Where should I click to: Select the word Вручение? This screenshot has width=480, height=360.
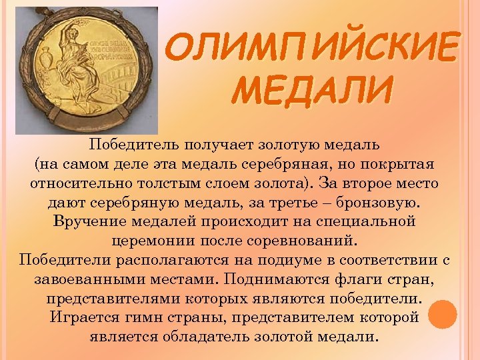coord(88,221)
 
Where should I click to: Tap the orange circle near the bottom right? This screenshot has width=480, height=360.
coord(442,314)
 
